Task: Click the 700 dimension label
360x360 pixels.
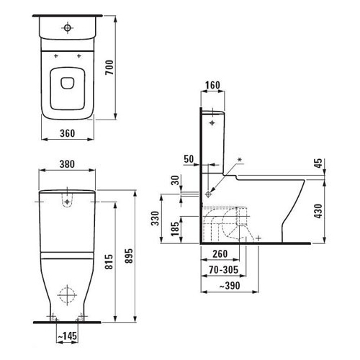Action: tap(109, 68)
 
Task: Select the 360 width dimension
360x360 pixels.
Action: tap(68, 133)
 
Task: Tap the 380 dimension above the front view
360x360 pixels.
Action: tap(67, 164)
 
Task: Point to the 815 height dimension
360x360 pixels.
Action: tap(109, 262)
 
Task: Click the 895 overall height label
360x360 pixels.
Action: tap(129, 256)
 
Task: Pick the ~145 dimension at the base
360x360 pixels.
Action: tap(68, 336)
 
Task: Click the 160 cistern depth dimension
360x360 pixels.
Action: tap(212, 85)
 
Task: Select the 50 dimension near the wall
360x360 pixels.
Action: tap(189, 159)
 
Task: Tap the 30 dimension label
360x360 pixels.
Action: tap(176, 180)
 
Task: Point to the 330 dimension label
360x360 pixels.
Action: tap(156, 218)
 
